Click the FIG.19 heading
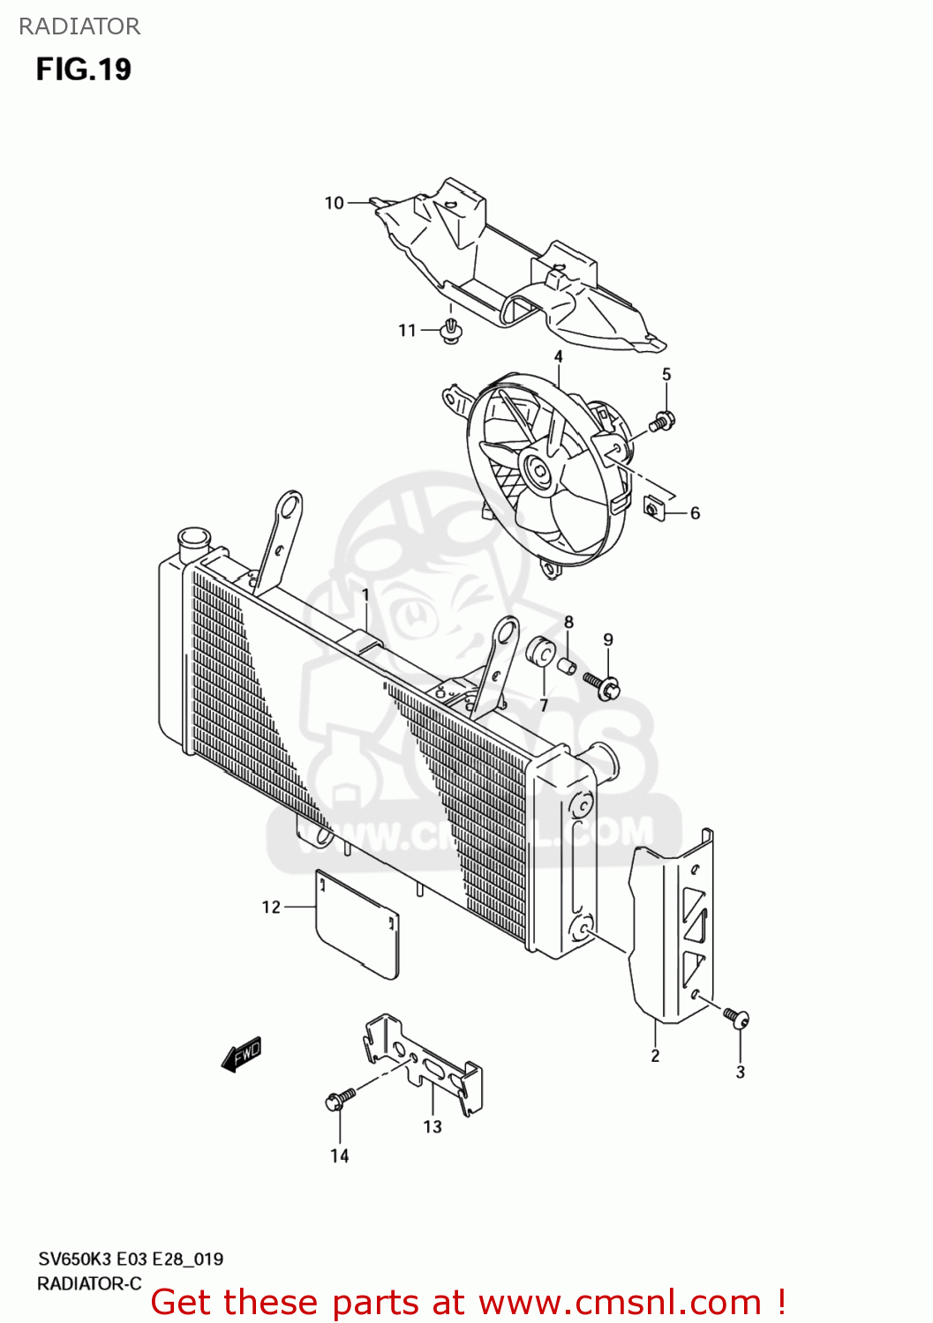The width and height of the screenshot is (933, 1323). coord(83,70)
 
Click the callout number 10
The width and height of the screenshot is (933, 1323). coord(334,203)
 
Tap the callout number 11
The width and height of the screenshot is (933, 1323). coord(406,331)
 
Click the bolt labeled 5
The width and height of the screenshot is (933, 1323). coord(662,422)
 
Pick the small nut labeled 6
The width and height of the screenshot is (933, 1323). coord(654,509)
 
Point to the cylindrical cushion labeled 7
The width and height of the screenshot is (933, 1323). coord(540,651)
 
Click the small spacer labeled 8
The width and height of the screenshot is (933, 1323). coord(568,663)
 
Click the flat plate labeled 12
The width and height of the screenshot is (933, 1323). coord(357,923)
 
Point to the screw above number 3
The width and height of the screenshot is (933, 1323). coord(736,1018)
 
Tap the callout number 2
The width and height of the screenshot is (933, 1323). coord(655,1056)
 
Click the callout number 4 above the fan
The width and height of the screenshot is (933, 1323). coord(558,357)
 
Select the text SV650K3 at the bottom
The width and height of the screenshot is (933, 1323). coord(74,1259)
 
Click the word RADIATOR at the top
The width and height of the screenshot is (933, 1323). coord(79,26)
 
